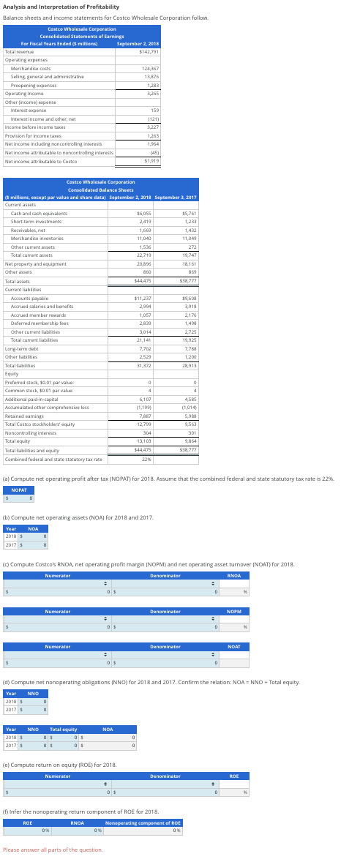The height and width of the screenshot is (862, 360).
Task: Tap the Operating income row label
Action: (21, 94)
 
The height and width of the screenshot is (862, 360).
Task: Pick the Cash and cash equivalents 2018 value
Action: (143, 213)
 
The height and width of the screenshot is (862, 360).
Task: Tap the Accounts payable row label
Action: (31, 299)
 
